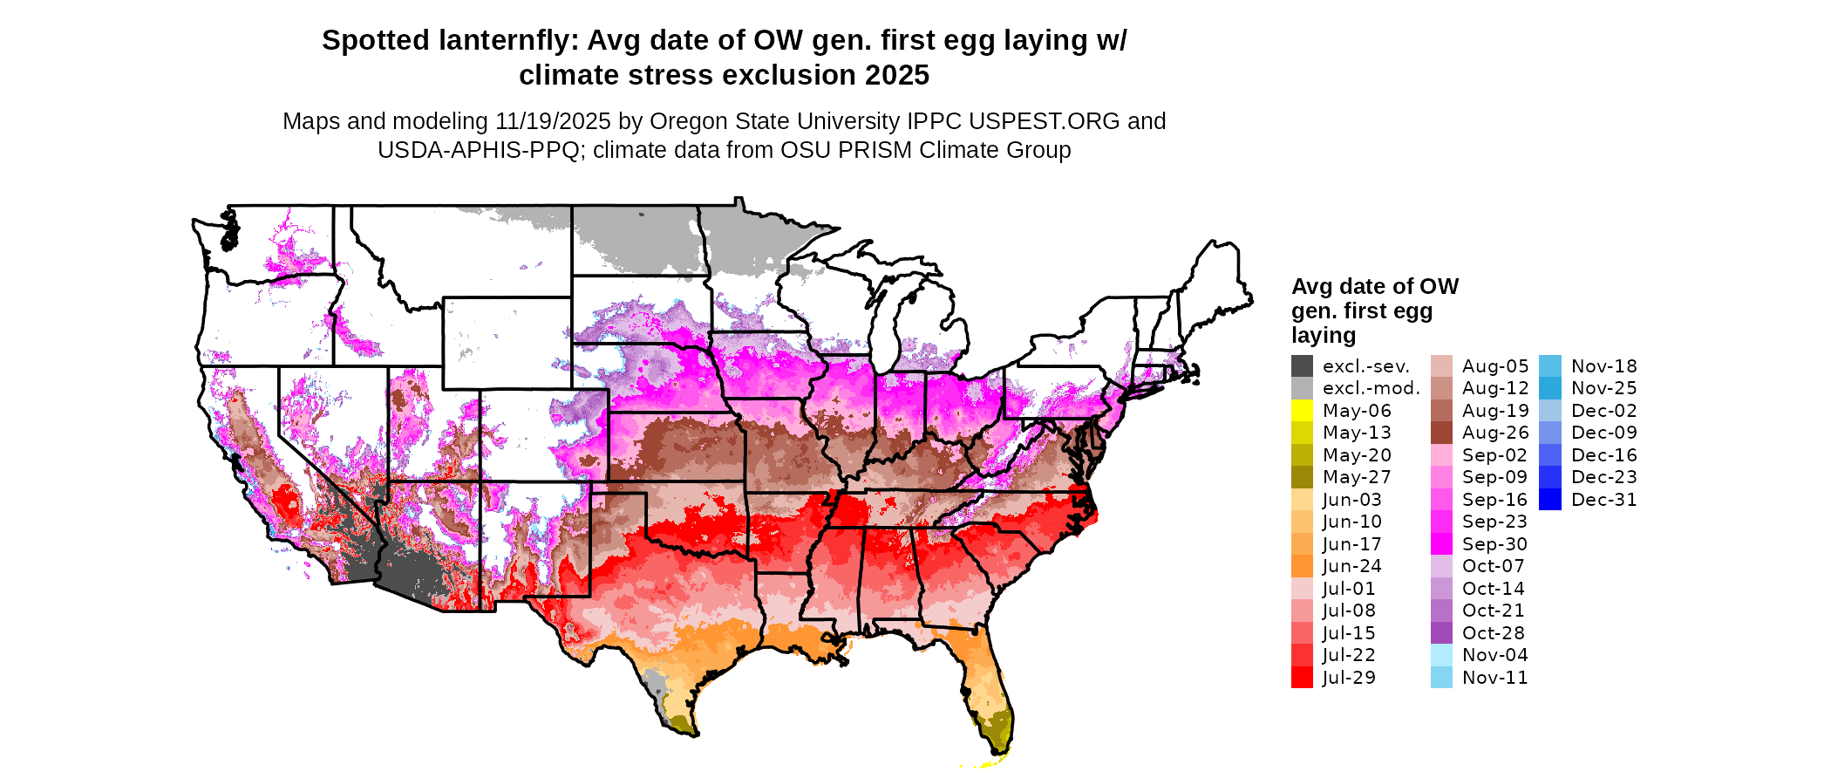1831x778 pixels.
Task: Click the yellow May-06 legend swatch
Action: [x=1302, y=411]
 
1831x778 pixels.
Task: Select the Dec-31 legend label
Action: [x=1603, y=500]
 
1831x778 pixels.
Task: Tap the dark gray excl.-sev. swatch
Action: [x=1302, y=366]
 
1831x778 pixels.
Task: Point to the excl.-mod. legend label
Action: [x=1371, y=388]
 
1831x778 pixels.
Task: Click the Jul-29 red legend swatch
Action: [x=1302, y=678]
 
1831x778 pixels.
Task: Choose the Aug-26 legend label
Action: [x=1495, y=433]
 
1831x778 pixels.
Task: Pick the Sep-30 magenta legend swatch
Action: [x=1441, y=544]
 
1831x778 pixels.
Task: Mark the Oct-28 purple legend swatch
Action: [x=1441, y=633]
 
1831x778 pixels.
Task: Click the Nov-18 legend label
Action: [x=1603, y=366]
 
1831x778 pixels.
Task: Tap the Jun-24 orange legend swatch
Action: [x=1302, y=566]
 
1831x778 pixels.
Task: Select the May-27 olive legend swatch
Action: [x=1302, y=477]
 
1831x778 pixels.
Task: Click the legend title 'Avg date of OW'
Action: [x=1374, y=287]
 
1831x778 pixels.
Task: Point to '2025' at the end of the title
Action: [x=897, y=76]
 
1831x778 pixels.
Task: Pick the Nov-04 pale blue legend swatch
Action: [x=1441, y=655]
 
